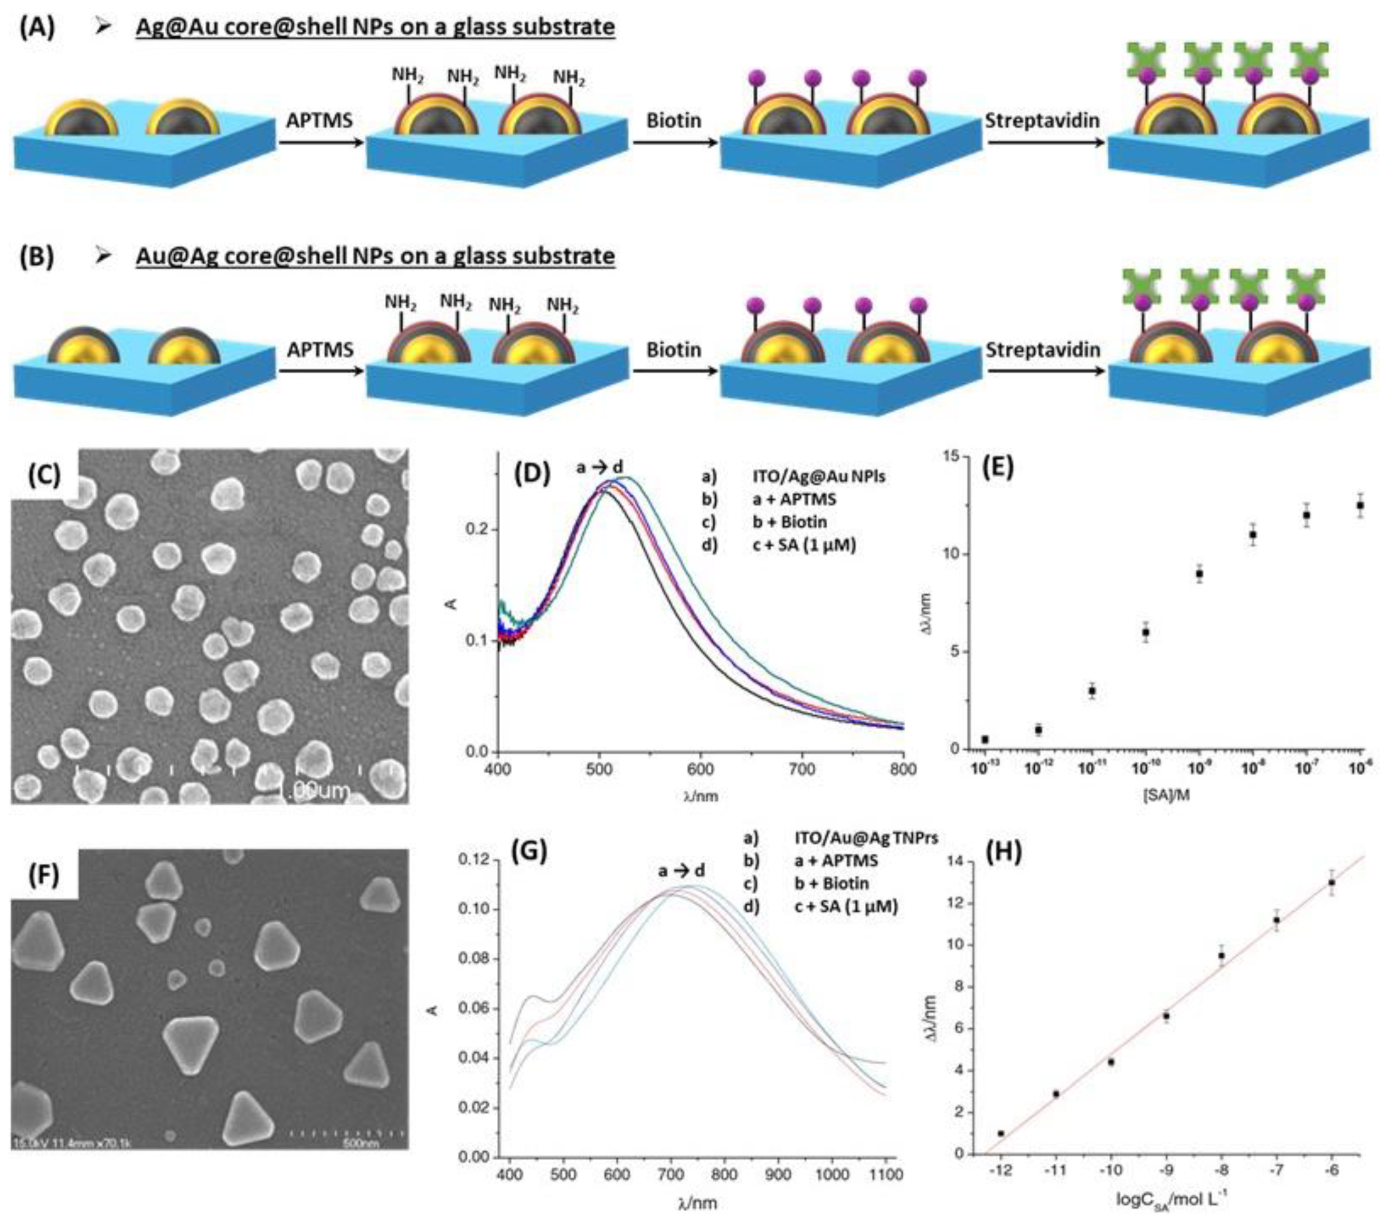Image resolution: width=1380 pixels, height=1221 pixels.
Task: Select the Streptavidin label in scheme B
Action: (1043, 349)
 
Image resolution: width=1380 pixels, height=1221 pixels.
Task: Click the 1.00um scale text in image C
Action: (314, 789)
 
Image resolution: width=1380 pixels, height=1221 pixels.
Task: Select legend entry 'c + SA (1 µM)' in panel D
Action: (804, 544)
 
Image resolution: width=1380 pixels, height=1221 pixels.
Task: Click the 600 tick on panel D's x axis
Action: (700, 770)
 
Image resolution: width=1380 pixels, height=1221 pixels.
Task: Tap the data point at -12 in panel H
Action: (1000, 1133)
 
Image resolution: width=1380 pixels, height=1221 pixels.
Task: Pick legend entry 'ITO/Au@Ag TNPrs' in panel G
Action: (866, 838)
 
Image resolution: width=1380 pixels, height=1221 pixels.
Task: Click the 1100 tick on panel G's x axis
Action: (886, 1175)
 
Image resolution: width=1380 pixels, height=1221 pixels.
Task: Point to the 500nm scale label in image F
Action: (361, 1143)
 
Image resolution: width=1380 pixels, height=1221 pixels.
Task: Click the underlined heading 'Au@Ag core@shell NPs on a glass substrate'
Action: (375, 257)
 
